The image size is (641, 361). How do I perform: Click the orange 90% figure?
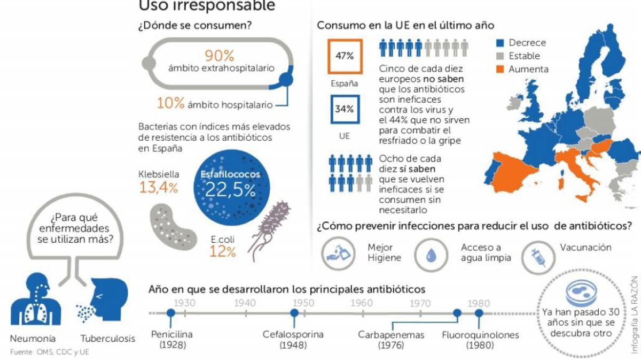(x=220, y=56)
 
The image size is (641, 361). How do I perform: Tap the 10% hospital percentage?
(x=170, y=103)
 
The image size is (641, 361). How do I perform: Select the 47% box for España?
(x=345, y=56)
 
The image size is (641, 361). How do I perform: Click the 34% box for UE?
(x=345, y=109)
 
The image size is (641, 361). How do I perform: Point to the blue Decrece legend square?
(x=500, y=43)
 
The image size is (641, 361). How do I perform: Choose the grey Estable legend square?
(x=500, y=56)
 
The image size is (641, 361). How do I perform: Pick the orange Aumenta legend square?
(x=500, y=69)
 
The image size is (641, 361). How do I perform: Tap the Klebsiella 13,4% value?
(x=159, y=188)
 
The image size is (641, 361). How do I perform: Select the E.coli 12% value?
(x=223, y=251)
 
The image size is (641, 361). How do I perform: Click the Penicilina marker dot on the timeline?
(x=171, y=313)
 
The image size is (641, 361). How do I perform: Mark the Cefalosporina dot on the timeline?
(x=294, y=313)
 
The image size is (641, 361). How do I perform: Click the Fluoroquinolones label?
(x=480, y=335)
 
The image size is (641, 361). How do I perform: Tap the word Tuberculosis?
(x=108, y=339)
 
